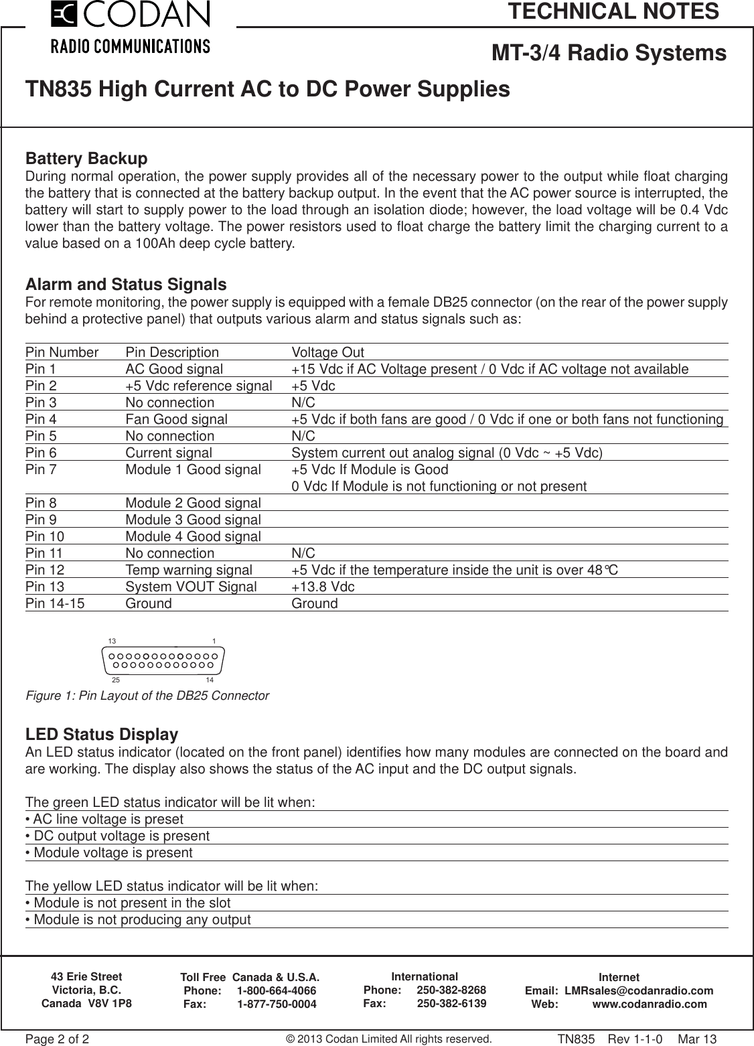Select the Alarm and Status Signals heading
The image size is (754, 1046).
(125, 285)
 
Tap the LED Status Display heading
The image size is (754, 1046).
(101, 735)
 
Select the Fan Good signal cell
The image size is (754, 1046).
(176, 420)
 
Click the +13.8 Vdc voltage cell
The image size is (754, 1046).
(323, 587)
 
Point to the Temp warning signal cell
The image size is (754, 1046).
(189, 571)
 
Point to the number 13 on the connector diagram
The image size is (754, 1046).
(112, 641)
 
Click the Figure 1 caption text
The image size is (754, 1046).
(147, 696)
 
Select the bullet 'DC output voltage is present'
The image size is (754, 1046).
(117, 836)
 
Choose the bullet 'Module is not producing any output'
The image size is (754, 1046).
(138, 919)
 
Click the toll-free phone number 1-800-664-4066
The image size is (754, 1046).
(277, 991)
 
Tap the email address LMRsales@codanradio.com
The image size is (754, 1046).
(638, 991)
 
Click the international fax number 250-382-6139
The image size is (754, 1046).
(451, 1004)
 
